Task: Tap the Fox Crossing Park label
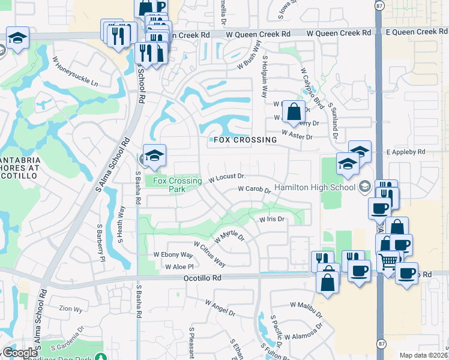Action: (177, 184)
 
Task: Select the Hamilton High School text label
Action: (315, 187)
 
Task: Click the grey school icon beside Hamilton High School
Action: (364, 187)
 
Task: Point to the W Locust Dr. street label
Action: (228, 178)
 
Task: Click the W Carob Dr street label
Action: (254, 189)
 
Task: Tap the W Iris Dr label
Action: (271, 220)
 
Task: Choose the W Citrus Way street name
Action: (209, 254)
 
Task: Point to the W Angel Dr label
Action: (220, 307)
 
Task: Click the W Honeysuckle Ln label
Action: (75, 71)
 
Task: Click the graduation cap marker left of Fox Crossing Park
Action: (154, 155)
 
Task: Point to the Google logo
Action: (20, 353)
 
